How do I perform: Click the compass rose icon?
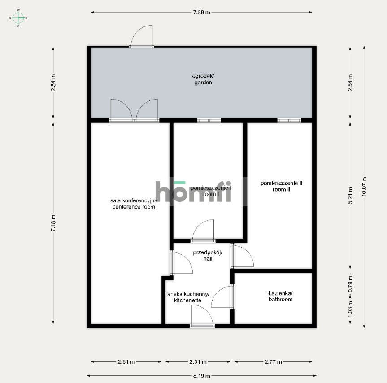pos(18,18)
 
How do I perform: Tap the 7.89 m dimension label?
pos(202,13)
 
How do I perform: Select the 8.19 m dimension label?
pos(202,376)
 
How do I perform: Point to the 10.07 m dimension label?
pos(364,187)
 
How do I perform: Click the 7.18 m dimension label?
pos(53,223)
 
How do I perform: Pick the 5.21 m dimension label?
pos(350,195)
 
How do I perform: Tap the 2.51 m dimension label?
pos(126,362)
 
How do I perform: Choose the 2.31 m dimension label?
pos(198,362)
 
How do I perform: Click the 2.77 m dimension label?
pos(273,362)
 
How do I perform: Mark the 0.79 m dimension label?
pos(350,284)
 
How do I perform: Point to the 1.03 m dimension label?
pos(350,309)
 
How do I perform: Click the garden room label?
pos(203,79)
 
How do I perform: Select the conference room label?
pos(134,204)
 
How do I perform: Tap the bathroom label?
pos(281,296)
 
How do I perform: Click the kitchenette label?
pos(188,297)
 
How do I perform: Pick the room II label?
pos(281,186)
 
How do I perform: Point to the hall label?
pos(208,256)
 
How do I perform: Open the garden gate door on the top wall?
pos(141,36)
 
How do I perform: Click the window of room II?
pos(289,121)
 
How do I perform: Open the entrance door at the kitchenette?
pos(202,316)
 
